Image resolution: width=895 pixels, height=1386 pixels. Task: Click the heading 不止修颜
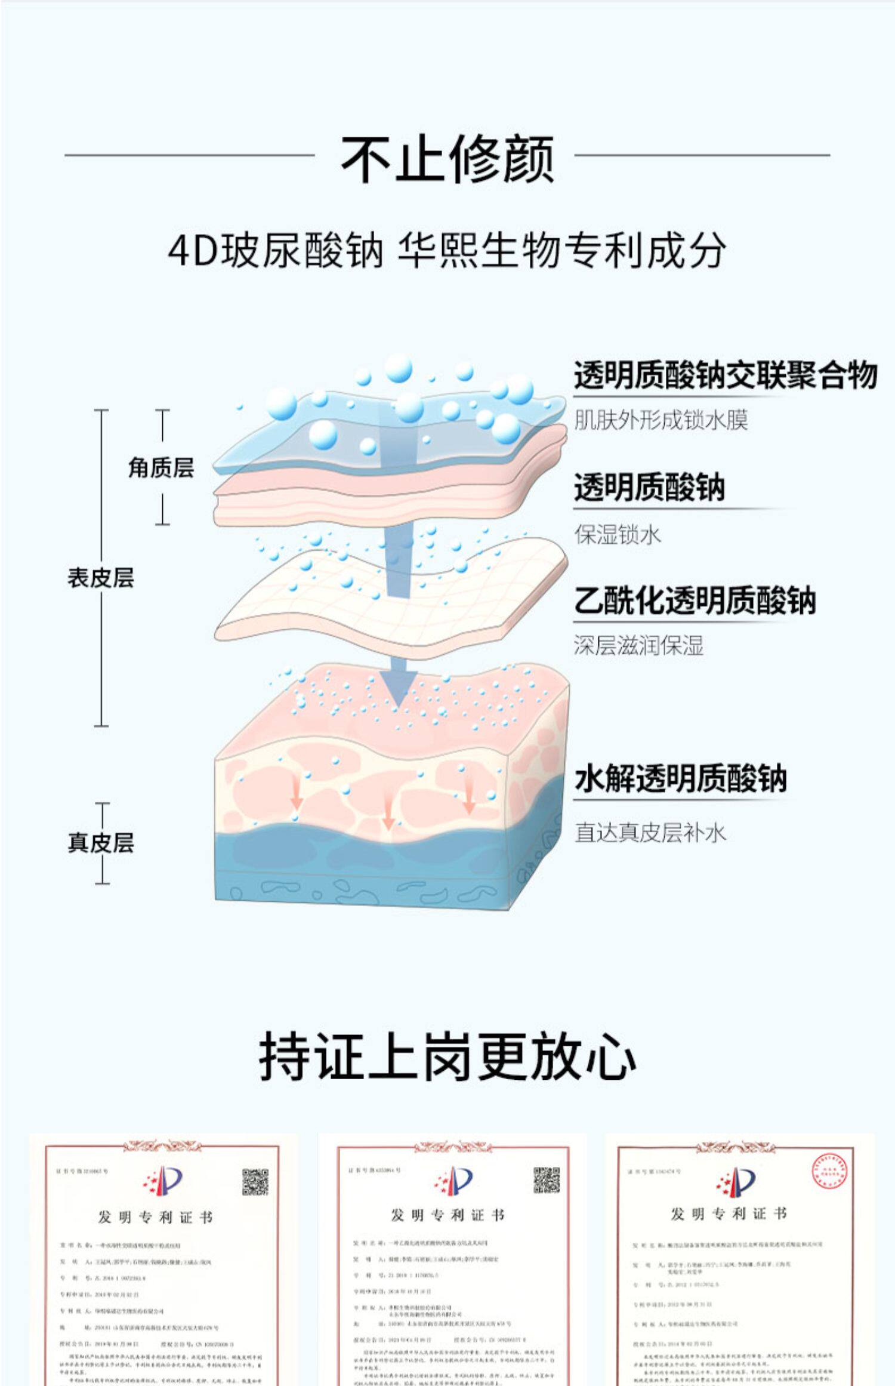(447, 159)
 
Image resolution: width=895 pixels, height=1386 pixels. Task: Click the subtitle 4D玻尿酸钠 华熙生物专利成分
(447, 250)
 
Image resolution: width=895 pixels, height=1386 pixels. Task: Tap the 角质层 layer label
(161, 467)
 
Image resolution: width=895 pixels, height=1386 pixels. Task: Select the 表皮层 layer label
(101, 577)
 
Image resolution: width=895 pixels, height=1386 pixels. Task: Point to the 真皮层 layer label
(101, 842)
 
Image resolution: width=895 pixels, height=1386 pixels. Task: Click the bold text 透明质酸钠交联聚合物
(725, 375)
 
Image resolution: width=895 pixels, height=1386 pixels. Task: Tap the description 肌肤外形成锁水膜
(661, 420)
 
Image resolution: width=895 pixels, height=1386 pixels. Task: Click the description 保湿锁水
(618, 534)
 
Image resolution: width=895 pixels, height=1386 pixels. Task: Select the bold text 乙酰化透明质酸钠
(695, 600)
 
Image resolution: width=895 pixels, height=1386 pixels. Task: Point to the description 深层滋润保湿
(639, 645)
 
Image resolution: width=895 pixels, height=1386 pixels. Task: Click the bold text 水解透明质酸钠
(681, 778)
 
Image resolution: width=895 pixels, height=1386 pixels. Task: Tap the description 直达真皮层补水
(650, 832)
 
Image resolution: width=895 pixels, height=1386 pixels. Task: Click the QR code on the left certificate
(255, 1182)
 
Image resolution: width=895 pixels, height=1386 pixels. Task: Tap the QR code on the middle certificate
(546, 1180)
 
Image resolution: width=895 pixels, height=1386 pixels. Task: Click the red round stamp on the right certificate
(829, 1171)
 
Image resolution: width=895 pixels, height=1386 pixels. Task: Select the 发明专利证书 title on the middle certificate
(447, 1215)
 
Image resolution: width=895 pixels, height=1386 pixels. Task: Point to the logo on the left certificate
(163, 1181)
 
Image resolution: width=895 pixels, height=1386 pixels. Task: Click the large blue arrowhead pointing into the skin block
(399, 686)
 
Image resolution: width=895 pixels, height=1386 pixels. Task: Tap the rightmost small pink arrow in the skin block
(469, 797)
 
